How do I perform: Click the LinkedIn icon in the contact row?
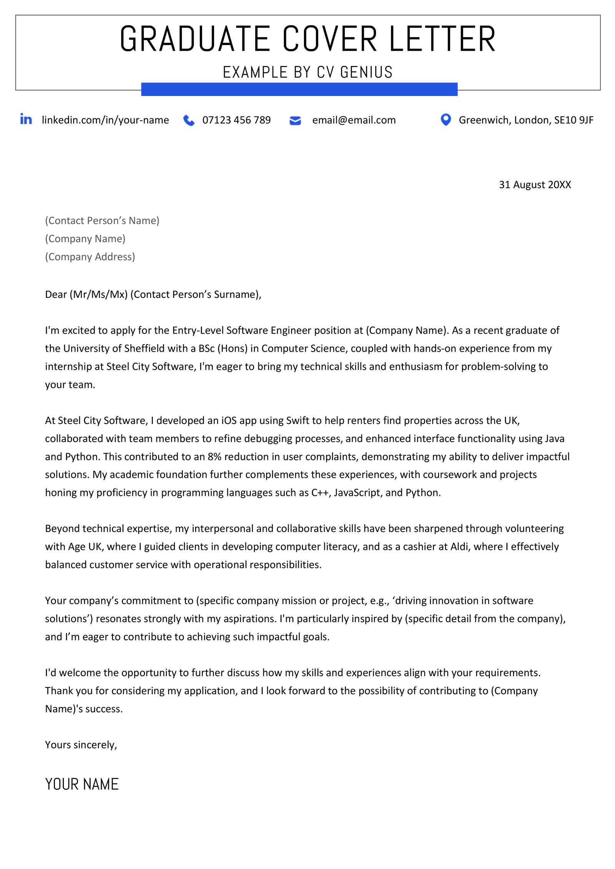tap(26, 119)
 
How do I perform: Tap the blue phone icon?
tap(189, 120)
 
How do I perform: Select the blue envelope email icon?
tap(295, 121)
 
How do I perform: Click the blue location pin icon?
tap(445, 119)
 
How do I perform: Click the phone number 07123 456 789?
tap(236, 120)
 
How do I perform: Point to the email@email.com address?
tap(354, 120)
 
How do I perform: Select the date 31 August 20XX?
tap(535, 185)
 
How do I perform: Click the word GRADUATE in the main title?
tap(194, 39)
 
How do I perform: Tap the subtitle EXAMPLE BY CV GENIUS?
tap(307, 72)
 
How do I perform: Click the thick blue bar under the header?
tap(299, 89)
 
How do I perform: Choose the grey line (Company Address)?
tap(90, 257)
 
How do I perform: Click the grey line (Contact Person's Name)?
tap(102, 220)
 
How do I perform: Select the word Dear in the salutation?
tap(56, 295)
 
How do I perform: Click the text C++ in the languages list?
tap(321, 493)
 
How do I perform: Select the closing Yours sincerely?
tap(81, 745)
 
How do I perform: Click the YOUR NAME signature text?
tap(82, 784)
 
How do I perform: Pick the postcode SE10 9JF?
tap(573, 120)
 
